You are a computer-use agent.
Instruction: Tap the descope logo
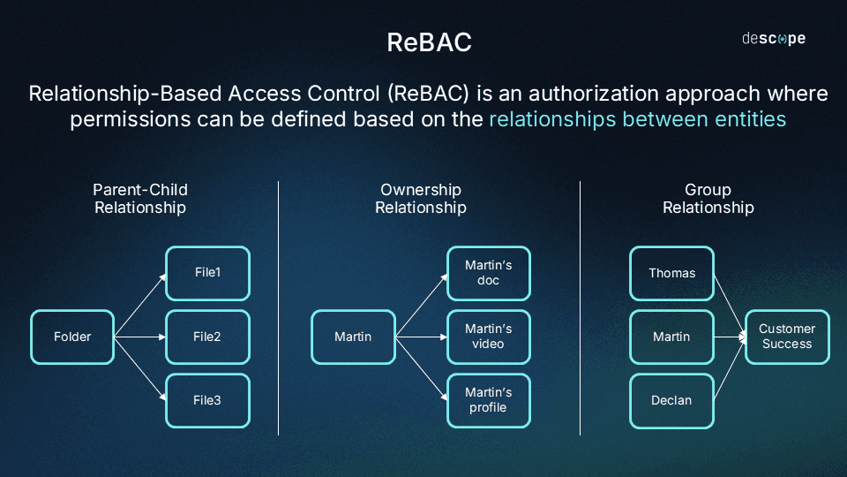773,39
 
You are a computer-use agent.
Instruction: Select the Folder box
72,337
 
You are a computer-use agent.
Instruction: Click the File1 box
207,273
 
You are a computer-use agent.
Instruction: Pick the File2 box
207,337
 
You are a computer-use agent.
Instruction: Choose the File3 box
207,400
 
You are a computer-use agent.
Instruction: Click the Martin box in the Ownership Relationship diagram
353,337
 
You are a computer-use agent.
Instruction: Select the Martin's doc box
488,273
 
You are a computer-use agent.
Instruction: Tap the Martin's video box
488,337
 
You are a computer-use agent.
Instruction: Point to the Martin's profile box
488,400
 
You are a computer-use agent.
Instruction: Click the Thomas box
671,273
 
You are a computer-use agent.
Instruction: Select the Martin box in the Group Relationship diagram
671,337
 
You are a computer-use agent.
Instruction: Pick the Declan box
671,400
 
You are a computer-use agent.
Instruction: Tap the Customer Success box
787,337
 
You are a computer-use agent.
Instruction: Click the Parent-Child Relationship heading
140,199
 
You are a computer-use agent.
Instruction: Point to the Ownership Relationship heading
421,199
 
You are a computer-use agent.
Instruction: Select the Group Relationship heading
708,199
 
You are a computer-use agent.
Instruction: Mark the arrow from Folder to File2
140,337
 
